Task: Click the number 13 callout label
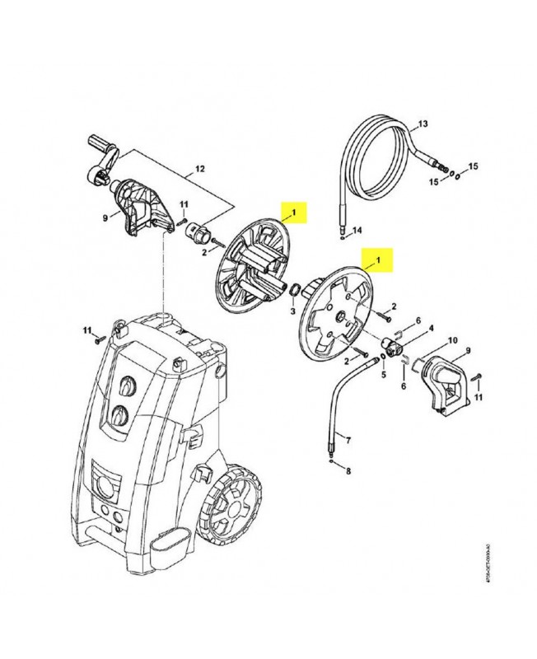[x=423, y=124]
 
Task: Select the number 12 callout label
[x=198, y=172]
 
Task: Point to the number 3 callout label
[x=292, y=313]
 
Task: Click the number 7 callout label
[x=347, y=441]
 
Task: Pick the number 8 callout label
[x=347, y=471]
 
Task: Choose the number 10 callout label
[x=451, y=340]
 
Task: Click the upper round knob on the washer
[x=126, y=386]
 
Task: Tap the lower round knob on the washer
[x=122, y=414]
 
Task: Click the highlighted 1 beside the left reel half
[x=293, y=213]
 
